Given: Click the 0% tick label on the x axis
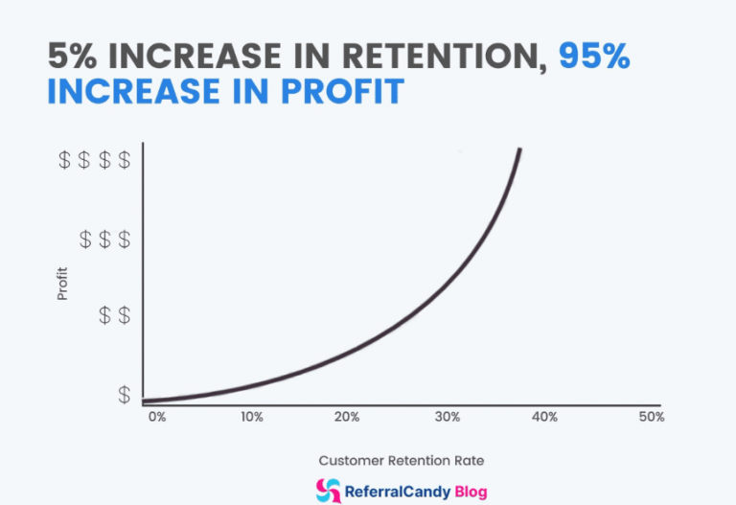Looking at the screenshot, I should (x=156, y=417).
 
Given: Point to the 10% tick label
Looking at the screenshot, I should (x=252, y=417).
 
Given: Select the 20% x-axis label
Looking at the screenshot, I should (x=347, y=417).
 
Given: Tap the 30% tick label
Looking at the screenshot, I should (x=448, y=417).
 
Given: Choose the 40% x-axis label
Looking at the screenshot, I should (x=545, y=417).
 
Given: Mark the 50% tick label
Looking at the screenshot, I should (x=652, y=417).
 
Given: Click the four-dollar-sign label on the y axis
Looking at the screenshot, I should (x=95, y=160).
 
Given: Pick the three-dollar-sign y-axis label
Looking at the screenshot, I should (x=104, y=239).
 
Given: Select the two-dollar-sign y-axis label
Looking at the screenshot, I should (x=115, y=315).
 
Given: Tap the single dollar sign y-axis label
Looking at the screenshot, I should (x=125, y=394).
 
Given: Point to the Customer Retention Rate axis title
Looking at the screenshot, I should (x=395, y=460).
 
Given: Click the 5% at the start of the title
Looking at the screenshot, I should (x=72, y=57).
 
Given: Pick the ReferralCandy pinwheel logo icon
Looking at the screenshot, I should (x=328, y=490).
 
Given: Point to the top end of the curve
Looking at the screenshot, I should (x=519, y=150).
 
